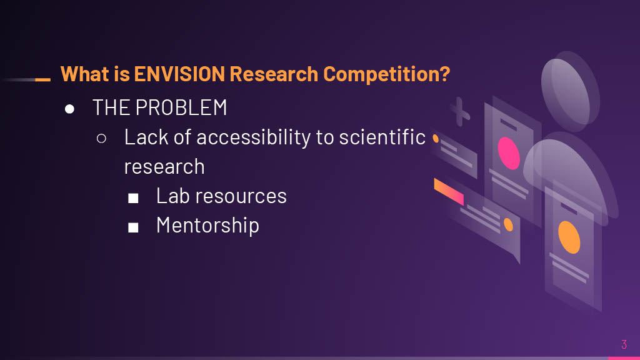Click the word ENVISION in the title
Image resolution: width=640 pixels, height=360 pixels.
pos(179,74)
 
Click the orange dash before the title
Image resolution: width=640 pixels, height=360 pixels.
pos(42,79)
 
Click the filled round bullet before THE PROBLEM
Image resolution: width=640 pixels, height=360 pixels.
pos(70,109)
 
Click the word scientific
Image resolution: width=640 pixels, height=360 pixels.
pos(382,137)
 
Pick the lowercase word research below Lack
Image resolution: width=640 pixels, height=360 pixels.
pos(164,167)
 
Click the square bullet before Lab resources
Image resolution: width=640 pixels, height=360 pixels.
pos(133,197)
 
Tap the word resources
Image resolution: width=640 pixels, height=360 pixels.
pos(248,196)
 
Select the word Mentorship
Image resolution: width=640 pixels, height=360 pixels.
pos(207,225)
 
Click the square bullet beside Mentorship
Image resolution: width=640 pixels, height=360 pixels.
pos(133,227)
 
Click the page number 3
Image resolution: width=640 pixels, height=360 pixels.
pos(624,344)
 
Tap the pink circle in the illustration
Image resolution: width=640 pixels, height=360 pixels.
pos(509,153)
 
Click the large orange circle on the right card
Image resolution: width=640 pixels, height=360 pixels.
pos(569,237)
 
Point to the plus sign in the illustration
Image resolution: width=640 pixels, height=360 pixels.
pos(461,111)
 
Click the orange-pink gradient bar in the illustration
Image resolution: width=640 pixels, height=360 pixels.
pos(449,191)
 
